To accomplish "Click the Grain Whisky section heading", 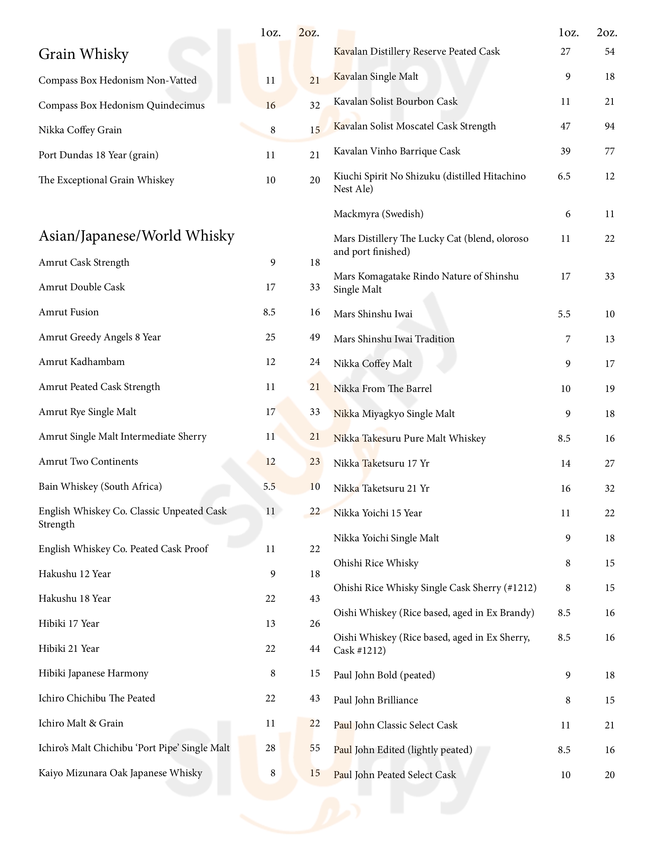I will click(83, 54).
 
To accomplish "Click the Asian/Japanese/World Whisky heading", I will click(137, 236).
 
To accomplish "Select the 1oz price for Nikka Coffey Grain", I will click(273, 130).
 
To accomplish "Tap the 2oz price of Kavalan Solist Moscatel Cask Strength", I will click(609, 126).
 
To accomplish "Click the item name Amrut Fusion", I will click(68, 312).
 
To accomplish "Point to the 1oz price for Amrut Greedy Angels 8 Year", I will click(270, 337).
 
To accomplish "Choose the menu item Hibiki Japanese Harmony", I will click(93, 673).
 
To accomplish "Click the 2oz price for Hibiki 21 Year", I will click(315, 648).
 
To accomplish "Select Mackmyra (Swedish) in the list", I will click(378, 214).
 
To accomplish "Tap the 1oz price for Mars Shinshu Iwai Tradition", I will click(567, 339).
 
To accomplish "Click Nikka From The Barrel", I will click(382, 388).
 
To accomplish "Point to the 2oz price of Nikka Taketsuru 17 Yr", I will click(609, 464).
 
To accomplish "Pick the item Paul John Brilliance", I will click(375, 700).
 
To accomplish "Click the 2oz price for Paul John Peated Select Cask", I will click(609, 775).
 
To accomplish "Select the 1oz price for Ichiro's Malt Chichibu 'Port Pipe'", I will click(270, 748).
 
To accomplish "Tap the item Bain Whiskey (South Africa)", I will click(100, 486).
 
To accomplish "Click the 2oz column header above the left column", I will click(309, 33).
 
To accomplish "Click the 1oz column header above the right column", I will click(568, 33).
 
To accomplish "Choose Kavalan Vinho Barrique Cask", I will click(397, 151).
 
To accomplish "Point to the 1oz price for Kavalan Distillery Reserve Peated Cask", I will click(565, 52).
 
